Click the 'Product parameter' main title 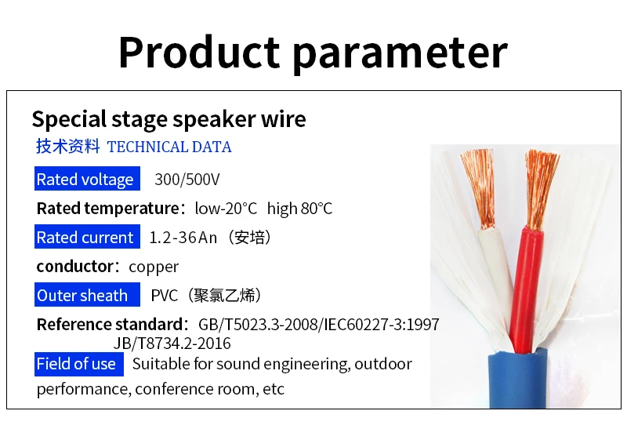pos(313,53)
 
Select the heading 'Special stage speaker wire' pos(169,119)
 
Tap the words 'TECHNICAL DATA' pos(169,147)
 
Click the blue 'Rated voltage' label pos(87,179)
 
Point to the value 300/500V pos(187,180)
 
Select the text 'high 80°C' pos(299,209)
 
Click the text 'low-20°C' pos(226,209)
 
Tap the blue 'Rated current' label pos(87,237)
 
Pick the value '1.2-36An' pos(183,238)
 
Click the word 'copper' pos(154,267)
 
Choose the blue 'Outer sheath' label pos(87,295)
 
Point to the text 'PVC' pos(165,296)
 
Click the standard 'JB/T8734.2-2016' pos(172,344)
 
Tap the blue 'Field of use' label pos(79,364)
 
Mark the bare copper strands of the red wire pos(540,188)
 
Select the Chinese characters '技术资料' pos(67,147)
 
